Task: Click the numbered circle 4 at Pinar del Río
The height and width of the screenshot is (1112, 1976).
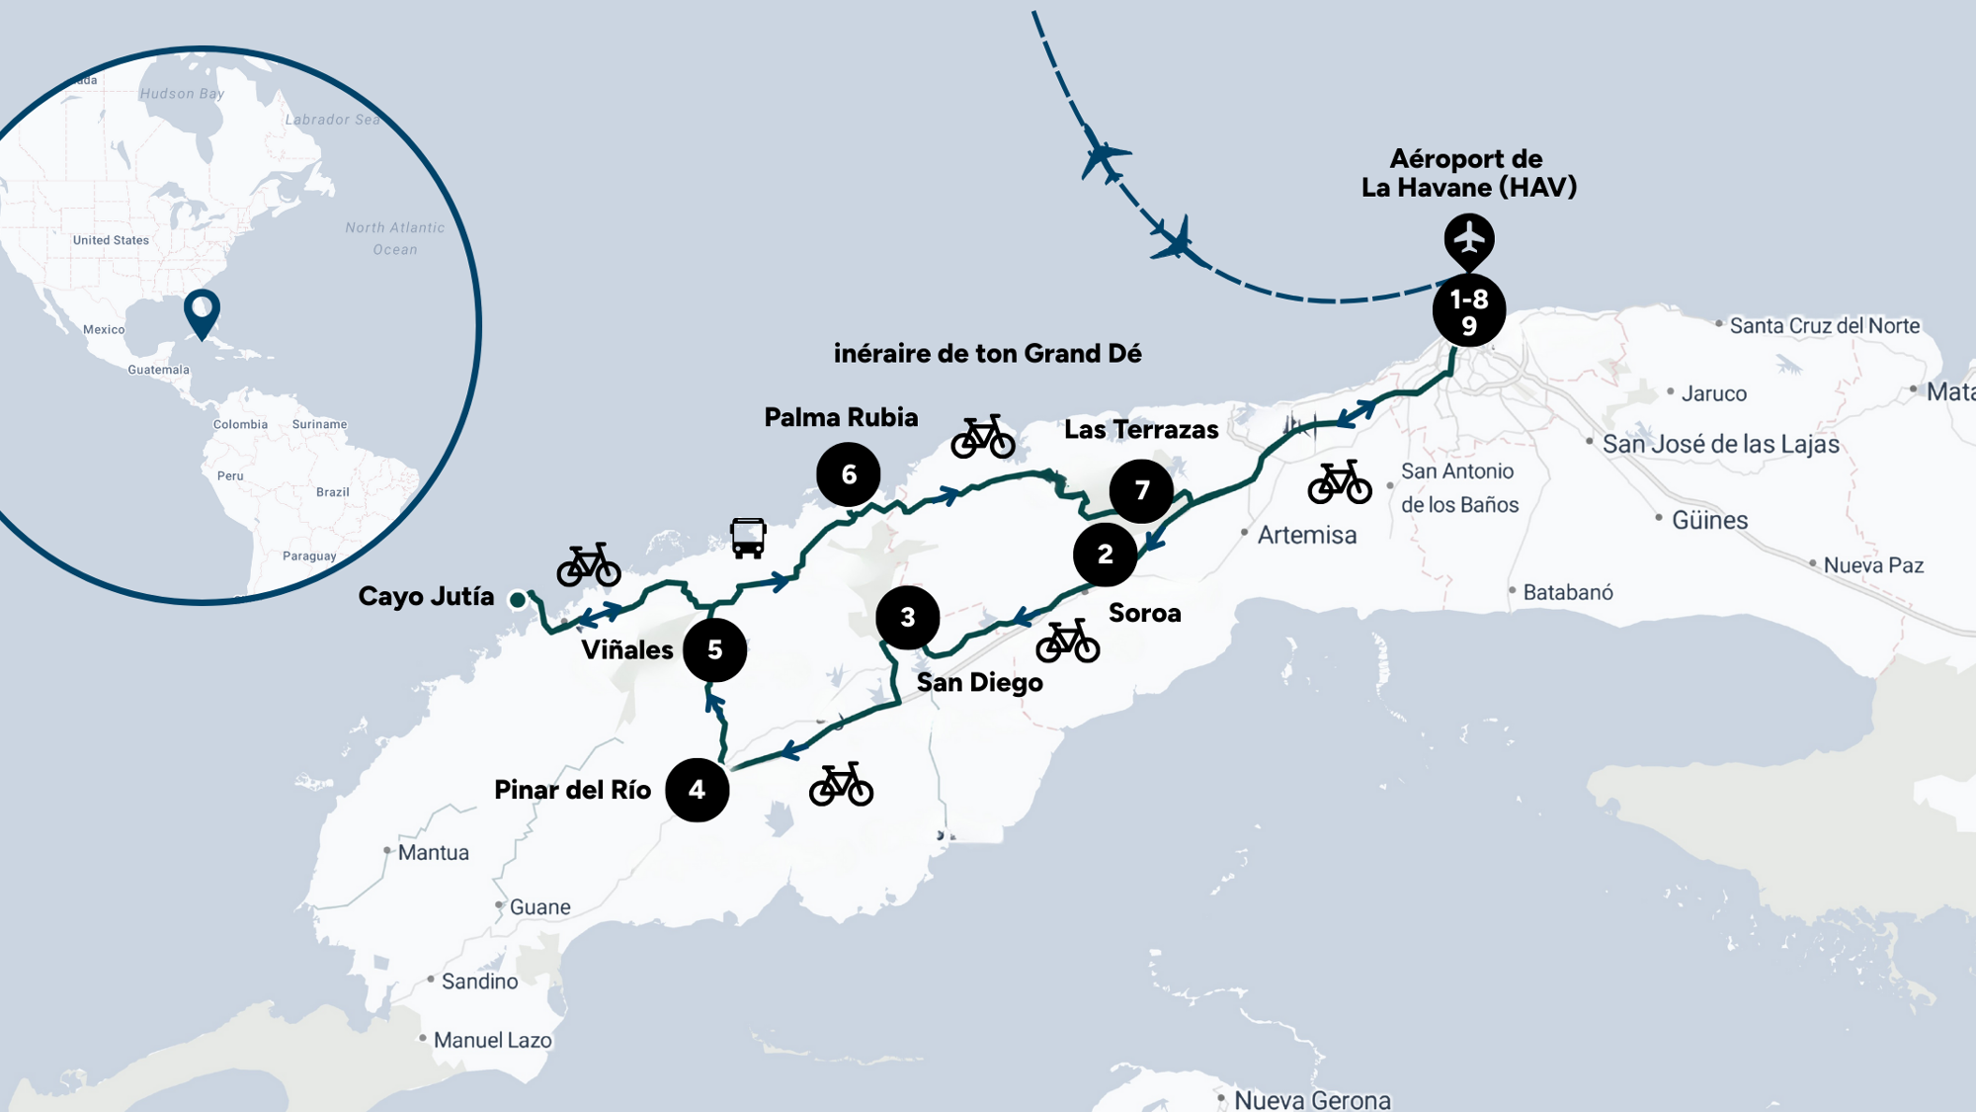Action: click(697, 790)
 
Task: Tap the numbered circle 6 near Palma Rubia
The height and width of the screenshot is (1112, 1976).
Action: click(848, 474)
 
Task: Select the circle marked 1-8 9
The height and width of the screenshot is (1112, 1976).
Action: click(1468, 311)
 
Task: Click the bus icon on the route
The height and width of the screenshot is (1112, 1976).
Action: click(748, 538)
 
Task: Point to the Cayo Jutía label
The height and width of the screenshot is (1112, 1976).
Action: click(426, 597)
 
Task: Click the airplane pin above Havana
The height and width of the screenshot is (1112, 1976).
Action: click(1469, 239)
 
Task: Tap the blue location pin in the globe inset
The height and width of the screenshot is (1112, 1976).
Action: click(202, 312)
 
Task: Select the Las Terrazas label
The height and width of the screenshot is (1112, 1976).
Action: click(1141, 430)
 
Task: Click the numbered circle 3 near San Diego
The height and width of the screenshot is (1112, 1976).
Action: click(907, 618)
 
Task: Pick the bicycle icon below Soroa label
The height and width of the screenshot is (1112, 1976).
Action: click(1067, 642)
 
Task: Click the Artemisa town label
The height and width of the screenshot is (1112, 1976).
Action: click(1306, 536)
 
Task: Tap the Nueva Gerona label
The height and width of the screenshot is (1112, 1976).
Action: click(1312, 1099)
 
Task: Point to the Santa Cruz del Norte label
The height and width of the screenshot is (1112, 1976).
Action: click(1824, 326)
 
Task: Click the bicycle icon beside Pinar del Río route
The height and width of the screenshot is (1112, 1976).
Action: click(841, 785)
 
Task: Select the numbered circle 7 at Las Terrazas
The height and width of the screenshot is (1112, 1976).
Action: click(1141, 491)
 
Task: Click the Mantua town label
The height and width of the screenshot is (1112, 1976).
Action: click(433, 853)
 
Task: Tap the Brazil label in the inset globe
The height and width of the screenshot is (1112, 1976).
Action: click(333, 492)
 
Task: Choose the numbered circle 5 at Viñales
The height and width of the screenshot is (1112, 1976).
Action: click(714, 650)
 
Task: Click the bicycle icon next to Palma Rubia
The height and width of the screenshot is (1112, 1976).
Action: click(982, 437)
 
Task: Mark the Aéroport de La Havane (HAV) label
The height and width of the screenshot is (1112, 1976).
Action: click(1468, 173)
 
